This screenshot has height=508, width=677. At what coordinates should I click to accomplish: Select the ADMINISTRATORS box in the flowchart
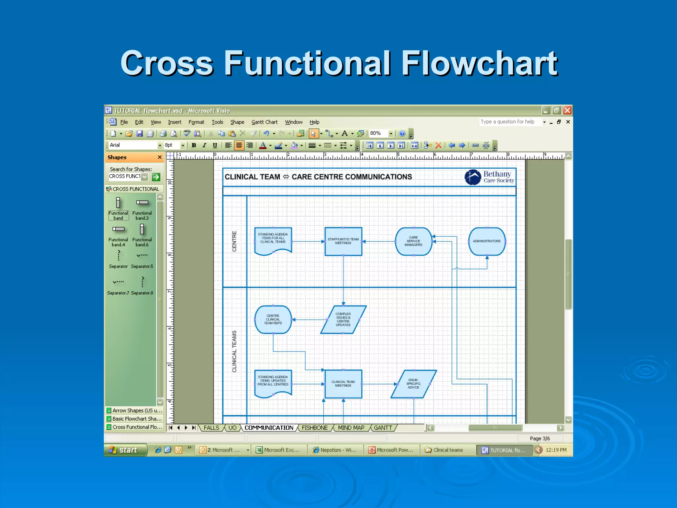(x=487, y=241)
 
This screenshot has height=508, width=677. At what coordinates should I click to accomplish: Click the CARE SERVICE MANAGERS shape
(x=413, y=241)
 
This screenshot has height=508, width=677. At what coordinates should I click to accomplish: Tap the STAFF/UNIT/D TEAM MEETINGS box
(x=343, y=241)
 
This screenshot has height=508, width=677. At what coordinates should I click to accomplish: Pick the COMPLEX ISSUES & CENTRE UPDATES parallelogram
(x=343, y=319)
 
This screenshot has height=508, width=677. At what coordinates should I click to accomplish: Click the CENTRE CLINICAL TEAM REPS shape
(x=273, y=319)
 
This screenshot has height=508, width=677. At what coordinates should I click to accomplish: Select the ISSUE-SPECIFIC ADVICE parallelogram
(x=413, y=384)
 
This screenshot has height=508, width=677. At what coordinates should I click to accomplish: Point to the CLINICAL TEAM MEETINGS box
(x=343, y=384)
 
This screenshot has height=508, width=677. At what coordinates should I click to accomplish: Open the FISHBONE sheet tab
(x=314, y=428)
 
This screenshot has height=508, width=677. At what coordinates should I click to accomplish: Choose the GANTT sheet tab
(x=383, y=428)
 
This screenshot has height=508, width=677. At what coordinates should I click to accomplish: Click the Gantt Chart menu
(x=264, y=122)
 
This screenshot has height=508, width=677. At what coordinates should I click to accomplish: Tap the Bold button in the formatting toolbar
(x=194, y=145)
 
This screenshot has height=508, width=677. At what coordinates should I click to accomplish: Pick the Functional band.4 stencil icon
(x=118, y=229)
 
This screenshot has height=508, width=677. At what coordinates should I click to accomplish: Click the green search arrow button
(x=156, y=177)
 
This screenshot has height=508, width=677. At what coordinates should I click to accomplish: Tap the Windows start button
(x=125, y=450)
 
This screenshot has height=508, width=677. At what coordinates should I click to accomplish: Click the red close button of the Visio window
(x=567, y=110)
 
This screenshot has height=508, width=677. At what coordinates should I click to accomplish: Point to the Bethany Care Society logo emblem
(x=473, y=177)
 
